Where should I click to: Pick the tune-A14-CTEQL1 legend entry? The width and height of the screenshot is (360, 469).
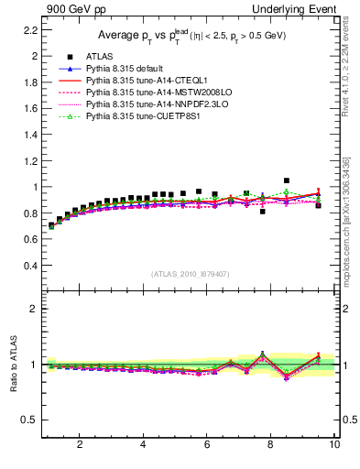(140, 82)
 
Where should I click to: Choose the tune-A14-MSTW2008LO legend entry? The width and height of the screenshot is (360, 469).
(148, 93)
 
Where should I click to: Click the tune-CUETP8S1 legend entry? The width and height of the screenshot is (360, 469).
(136, 117)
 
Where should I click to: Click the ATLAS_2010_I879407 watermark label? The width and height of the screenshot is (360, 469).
(189, 274)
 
